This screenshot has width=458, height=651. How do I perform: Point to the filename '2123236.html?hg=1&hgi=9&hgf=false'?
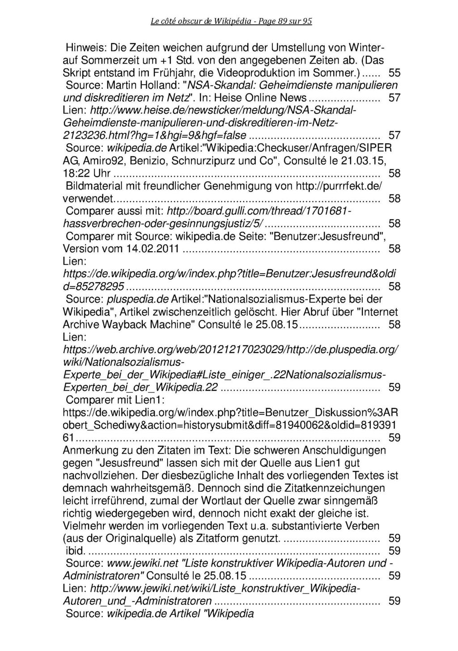(155, 135)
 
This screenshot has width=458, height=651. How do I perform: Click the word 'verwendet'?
(88, 198)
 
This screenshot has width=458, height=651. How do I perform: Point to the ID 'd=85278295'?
(93, 286)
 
